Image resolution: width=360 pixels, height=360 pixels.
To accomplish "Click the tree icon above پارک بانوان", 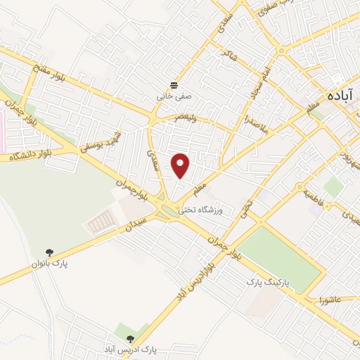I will click(x=49, y=252).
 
